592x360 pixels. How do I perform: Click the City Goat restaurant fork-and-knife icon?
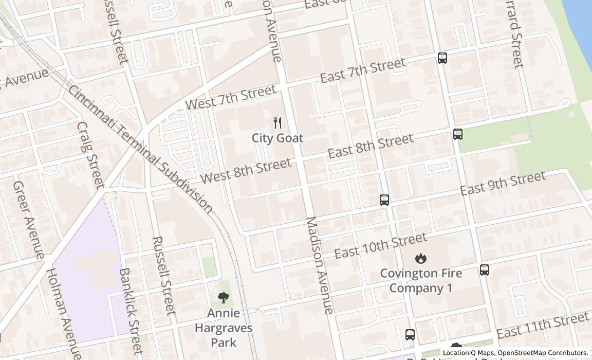point(277,122)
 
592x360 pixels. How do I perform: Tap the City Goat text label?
point(277,138)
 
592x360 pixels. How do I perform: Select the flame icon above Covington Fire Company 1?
point(421,258)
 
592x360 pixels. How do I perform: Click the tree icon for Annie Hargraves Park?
point(223,297)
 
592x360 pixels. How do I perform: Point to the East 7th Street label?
point(362,71)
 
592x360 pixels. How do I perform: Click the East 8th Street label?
point(370,147)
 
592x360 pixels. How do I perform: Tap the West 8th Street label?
point(246,171)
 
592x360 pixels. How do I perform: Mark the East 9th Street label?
point(502,184)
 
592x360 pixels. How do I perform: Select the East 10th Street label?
point(380,246)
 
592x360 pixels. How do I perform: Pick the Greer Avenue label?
point(28,220)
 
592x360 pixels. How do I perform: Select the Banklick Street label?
point(131,311)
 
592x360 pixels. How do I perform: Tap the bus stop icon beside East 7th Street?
point(442,58)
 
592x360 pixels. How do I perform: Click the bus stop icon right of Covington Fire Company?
point(485,270)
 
